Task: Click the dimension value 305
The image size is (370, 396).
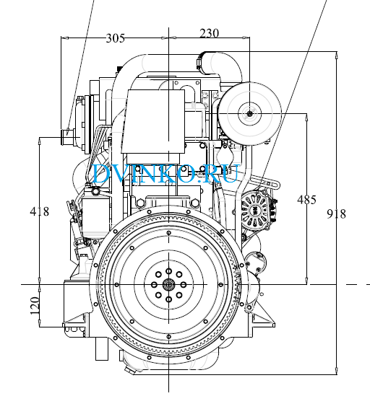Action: (x=115, y=38)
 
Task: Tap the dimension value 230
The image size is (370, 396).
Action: (x=209, y=33)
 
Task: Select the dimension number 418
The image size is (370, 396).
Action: (x=39, y=211)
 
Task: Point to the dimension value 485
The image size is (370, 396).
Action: (x=306, y=200)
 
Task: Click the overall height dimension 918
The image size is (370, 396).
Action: (x=336, y=214)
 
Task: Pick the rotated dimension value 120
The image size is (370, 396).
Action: (x=35, y=306)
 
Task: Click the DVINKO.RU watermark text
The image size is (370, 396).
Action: (x=165, y=173)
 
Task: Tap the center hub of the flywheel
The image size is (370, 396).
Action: (x=168, y=285)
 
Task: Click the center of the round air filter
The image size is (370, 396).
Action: (x=250, y=114)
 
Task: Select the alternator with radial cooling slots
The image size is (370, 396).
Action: (x=255, y=210)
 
